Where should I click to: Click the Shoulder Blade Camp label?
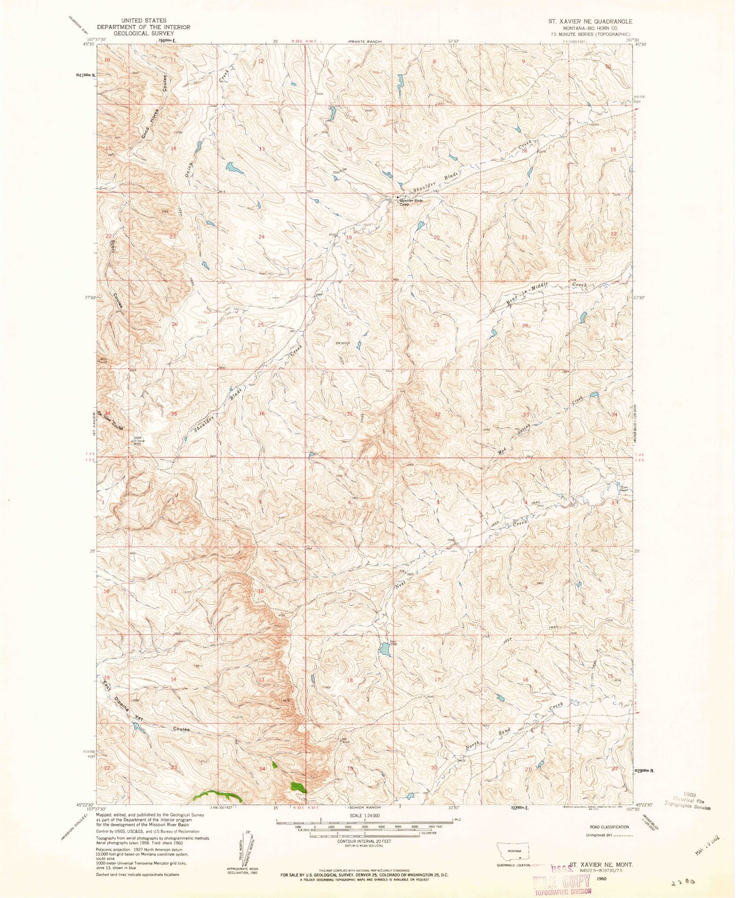[x=411, y=202]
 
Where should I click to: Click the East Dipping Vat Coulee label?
[x=145, y=708]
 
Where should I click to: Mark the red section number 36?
[x=262, y=414]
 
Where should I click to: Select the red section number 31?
[x=349, y=414]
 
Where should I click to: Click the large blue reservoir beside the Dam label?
[x=385, y=650]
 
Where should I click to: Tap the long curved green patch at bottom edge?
[x=216, y=794]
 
